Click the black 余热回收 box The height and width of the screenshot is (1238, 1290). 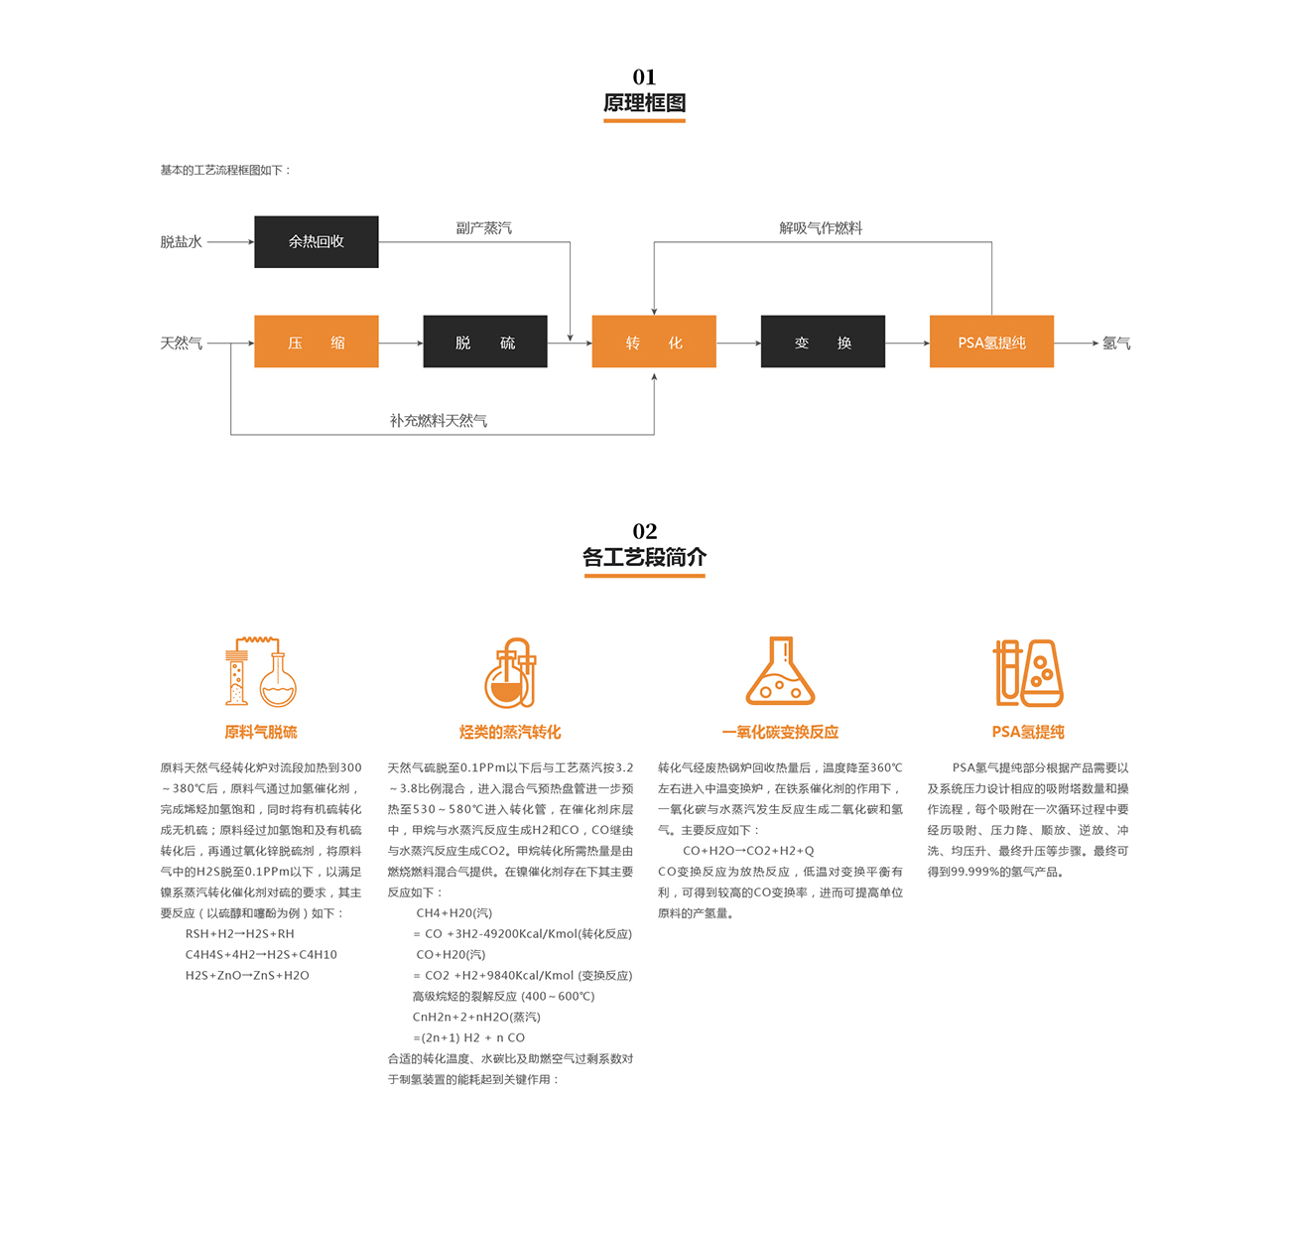pyautogui.click(x=317, y=241)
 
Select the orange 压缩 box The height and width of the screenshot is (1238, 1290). pyautogui.click(x=317, y=342)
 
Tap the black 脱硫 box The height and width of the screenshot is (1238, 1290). pyautogui.click(x=485, y=342)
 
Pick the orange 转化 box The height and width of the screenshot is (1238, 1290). pyautogui.click(x=654, y=342)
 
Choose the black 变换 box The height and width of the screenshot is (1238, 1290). pyautogui.click(x=823, y=342)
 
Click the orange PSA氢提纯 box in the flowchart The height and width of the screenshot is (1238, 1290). pyautogui.click(x=991, y=342)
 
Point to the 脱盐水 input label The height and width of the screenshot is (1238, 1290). pyautogui.click(x=181, y=242)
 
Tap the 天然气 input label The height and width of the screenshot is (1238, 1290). pyautogui.click(x=181, y=343)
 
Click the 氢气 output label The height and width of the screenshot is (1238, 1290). pyautogui.click(x=1116, y=343)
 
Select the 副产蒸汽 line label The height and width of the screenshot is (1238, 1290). pyautogui.click(x=484, y=228)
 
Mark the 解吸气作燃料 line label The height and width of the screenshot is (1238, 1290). pyautogui.click(x=821, y=228)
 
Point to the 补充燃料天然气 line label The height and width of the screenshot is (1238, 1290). pyautogui.click(x=439, y=420)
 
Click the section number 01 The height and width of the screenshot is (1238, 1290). pyautogui.click(x=644, y=76)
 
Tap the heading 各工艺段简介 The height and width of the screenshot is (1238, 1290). pyautogui.click(x=644, y=557)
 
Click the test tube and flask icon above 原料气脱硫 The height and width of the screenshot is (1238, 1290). pyautogui.click(x=261, y=672)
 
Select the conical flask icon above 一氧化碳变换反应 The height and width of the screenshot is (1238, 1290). pyautogui.click(x=780, y=670)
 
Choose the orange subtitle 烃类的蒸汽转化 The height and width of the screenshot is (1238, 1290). pyautogui.click(x=510, y=732)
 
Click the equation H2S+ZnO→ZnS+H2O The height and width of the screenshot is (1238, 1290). pyautogui.click(x=247, y=976)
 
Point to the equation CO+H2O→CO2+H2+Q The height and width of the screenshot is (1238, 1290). pyautogui.click(x=748, y=851)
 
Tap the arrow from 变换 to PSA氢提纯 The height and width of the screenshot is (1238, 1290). pyautogui.click(x=908, y=343)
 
